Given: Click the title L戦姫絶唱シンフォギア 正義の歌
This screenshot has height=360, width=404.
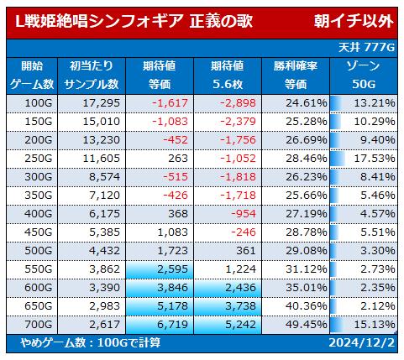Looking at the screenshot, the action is tap(134, 21).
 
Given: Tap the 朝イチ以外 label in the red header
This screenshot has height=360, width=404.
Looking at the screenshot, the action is tap(354, 21).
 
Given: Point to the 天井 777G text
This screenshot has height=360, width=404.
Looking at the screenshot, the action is tap(366, 48).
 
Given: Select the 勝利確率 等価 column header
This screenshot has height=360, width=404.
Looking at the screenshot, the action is tap(296, 76).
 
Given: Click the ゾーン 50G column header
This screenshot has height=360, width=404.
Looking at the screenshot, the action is tap(364, 76).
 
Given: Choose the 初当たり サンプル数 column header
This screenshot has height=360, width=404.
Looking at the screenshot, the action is tap(92, 76).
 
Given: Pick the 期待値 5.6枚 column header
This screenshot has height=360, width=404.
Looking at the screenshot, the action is tap(228, 76).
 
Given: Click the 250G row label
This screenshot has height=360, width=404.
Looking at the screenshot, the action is tap(39, 159).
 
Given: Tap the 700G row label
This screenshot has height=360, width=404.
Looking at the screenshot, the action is tap(39, 325).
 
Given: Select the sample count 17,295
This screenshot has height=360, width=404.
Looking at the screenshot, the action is tap(102, 103).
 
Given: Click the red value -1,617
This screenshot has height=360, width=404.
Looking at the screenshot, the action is tap(170, 103).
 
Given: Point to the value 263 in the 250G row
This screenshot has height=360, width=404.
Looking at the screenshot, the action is tap(178, 159).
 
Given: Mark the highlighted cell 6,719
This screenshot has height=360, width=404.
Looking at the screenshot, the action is tap(172, 325).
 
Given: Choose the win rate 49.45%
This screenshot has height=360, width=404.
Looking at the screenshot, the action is tap(307, 325).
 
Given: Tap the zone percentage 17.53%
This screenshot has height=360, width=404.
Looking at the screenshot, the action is tap(375, 159).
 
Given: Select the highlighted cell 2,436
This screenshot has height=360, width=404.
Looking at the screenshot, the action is tap(240, 288).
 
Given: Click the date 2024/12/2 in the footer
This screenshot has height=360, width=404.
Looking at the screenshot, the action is tap(362, 343).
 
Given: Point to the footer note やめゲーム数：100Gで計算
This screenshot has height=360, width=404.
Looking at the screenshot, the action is tap(91, 343).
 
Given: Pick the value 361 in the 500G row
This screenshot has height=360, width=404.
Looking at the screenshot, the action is tap(246, 251).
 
